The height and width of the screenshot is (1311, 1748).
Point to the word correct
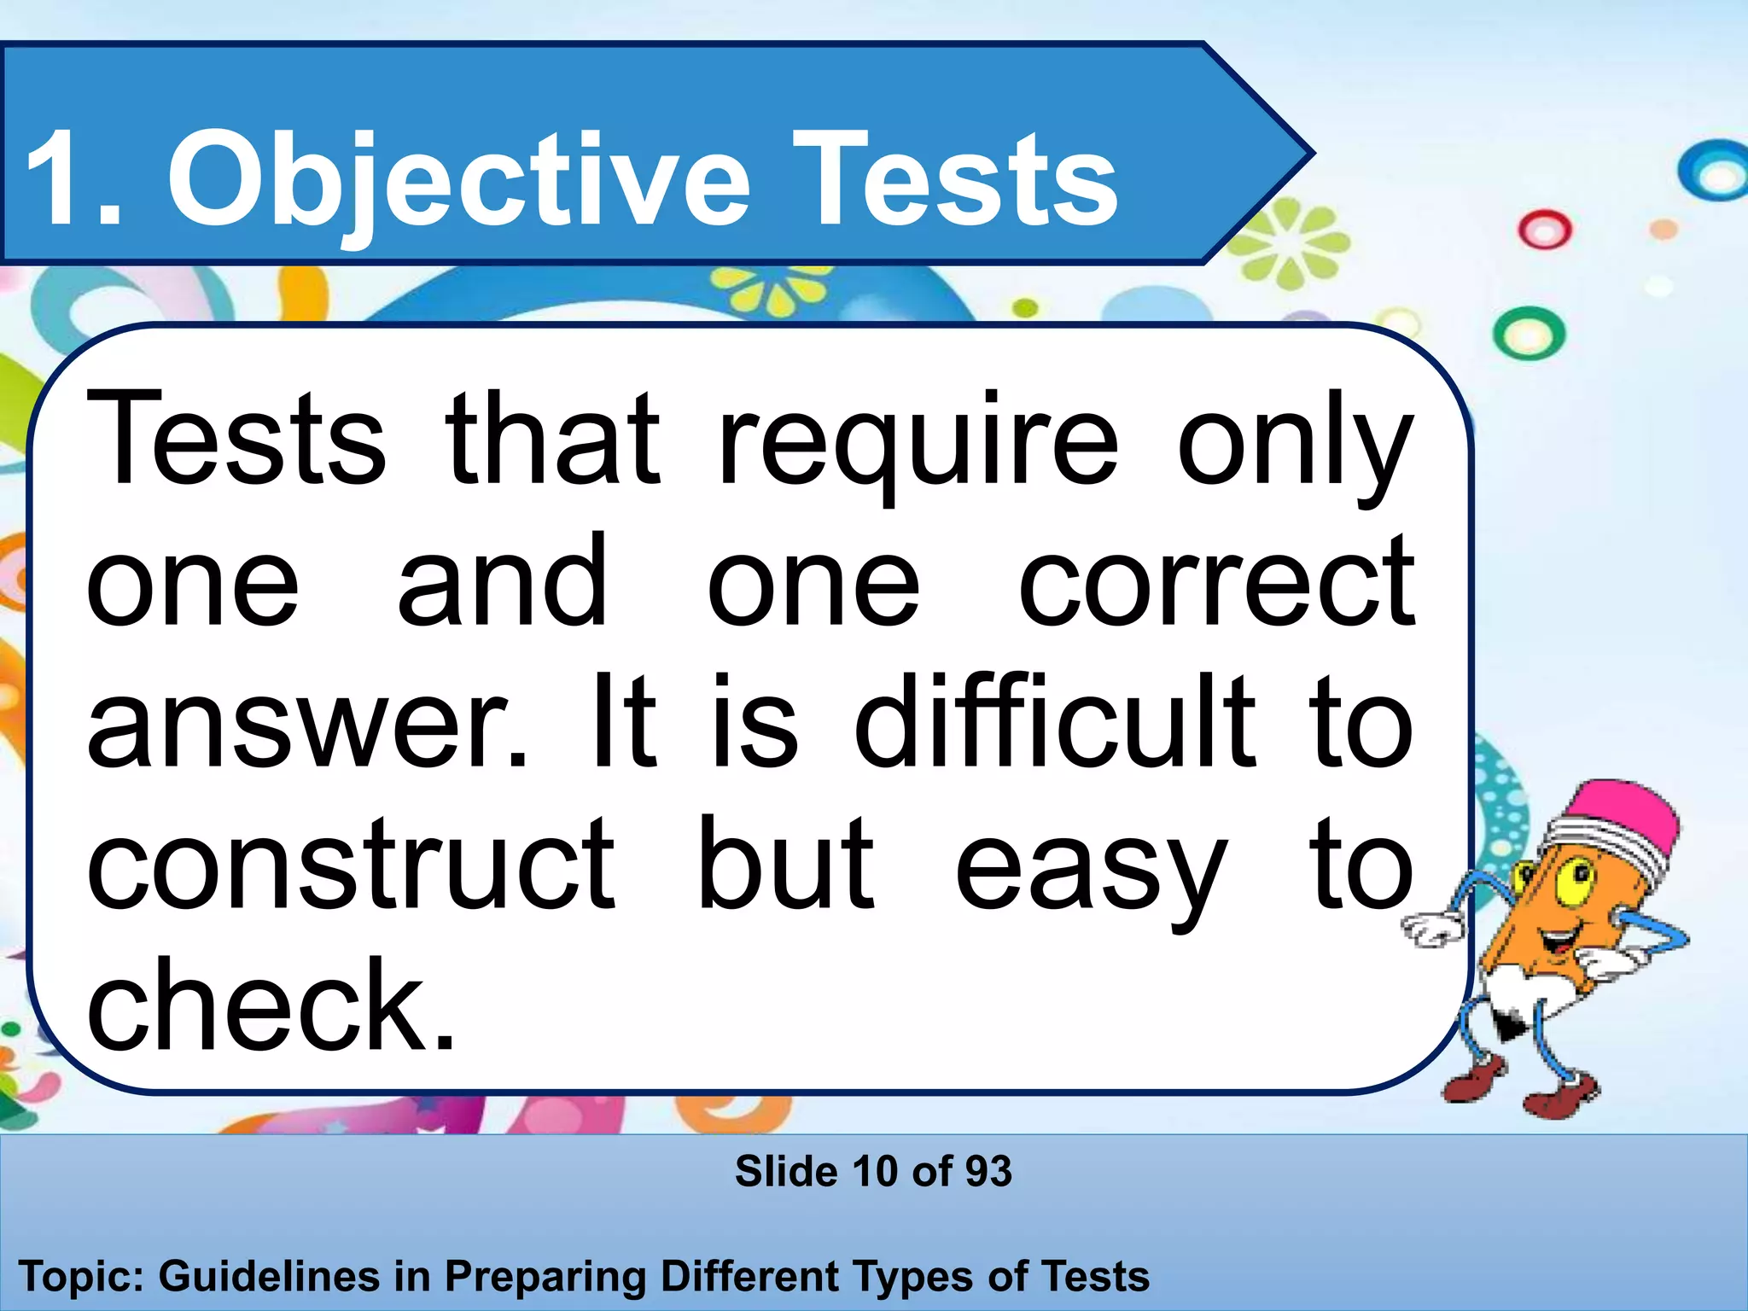(x=1217, y=585)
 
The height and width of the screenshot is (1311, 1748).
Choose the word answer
(x=307, y=725)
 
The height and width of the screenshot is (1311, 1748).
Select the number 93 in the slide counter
(x=988, y=1171)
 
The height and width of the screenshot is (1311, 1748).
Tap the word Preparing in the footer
(x=546, y=1277)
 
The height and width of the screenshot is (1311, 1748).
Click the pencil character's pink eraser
(x=1626, y=815)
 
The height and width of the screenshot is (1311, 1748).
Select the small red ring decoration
(x=1544, y=230)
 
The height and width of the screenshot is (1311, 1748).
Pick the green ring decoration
(x=1529, y=333)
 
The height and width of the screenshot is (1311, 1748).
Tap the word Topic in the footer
(x=80, y=1277)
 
